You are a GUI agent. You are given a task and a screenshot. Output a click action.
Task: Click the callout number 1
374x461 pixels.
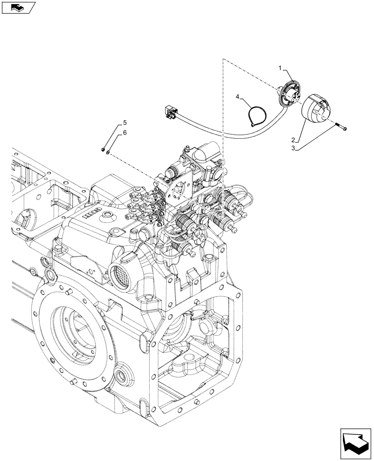tap(279, 68)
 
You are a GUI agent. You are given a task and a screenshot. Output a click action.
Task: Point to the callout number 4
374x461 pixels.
tap(238, 97)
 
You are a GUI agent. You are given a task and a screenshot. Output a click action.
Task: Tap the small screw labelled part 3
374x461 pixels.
tap(342, 126)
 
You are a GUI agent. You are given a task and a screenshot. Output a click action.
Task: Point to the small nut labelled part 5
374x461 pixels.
tap(101, 149)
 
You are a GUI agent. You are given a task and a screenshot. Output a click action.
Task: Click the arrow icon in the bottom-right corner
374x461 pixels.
tap(355, 444)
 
